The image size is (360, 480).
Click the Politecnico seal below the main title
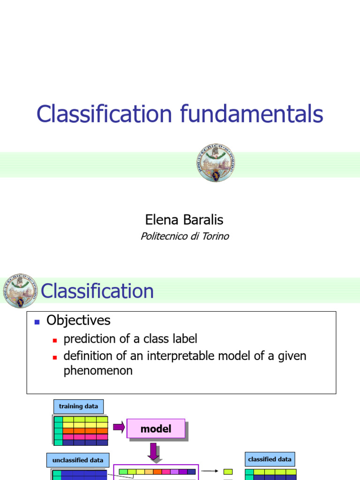tap(215, 163)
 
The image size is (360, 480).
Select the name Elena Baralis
tap(184, 220)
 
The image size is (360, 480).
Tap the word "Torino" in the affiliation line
tap(213, 236)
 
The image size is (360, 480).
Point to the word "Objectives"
tap(78, 321)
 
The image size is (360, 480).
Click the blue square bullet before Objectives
tap(37, 322)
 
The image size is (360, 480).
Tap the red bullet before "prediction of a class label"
tap(54, 340)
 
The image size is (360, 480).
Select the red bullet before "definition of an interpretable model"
tap(54, 357)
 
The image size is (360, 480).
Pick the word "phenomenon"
tap(98, 371)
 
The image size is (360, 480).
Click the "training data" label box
tap(78, 406)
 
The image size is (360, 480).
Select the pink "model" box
tap(156, 428)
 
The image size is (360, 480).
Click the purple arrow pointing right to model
tap(119, 427)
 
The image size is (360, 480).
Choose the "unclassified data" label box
tap(78, 460)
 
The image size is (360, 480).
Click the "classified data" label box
tap(270, 459)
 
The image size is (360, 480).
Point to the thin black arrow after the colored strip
tap(210, 472)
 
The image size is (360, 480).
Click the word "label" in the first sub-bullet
tap(185, 339)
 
